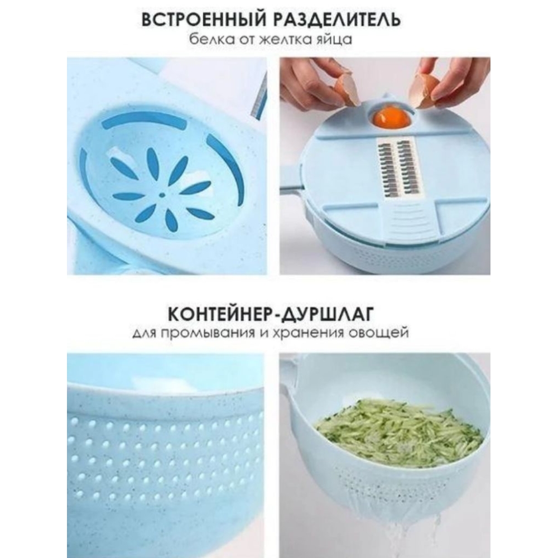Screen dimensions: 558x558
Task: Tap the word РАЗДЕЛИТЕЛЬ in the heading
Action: [336, 20]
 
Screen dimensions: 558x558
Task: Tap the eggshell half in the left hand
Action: [346, 90]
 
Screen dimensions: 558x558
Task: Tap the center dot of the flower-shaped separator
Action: [162, 195]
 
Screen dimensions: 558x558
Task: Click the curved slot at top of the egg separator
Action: [143, 119]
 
